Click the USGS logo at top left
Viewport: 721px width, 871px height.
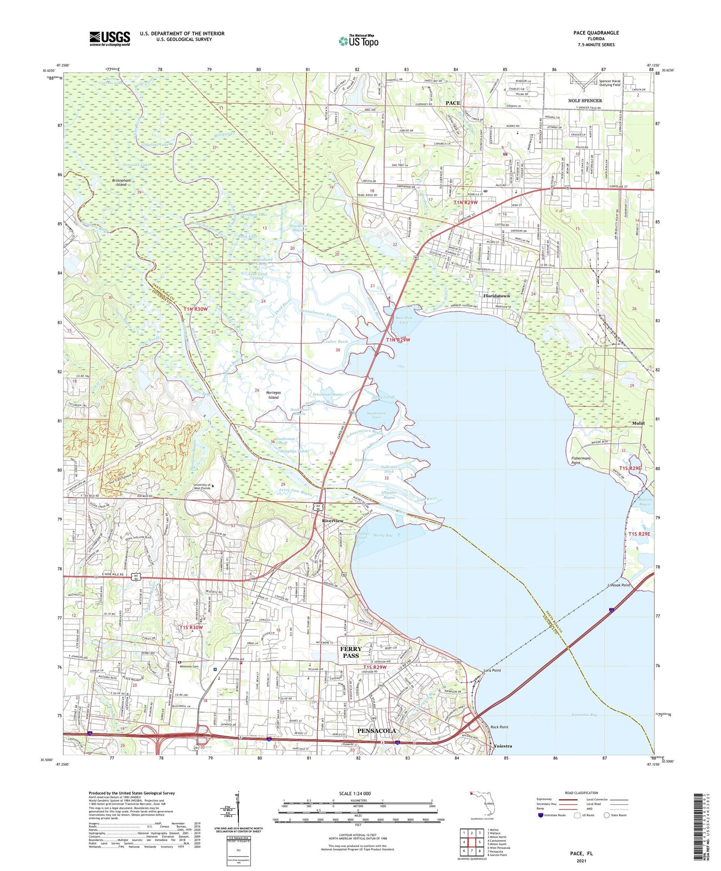[110, 38]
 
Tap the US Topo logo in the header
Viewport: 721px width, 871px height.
[359, 41]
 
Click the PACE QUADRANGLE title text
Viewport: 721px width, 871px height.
[596, 33]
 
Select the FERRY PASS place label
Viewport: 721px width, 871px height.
[350, 652]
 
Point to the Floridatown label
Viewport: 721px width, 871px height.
[496, 296]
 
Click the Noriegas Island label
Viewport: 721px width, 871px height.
[273, 395]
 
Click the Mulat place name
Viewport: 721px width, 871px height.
[638, 423]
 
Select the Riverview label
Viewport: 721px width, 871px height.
[333, 521]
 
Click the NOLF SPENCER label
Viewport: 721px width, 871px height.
[584, 100]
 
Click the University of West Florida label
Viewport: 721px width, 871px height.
[202, 487]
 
